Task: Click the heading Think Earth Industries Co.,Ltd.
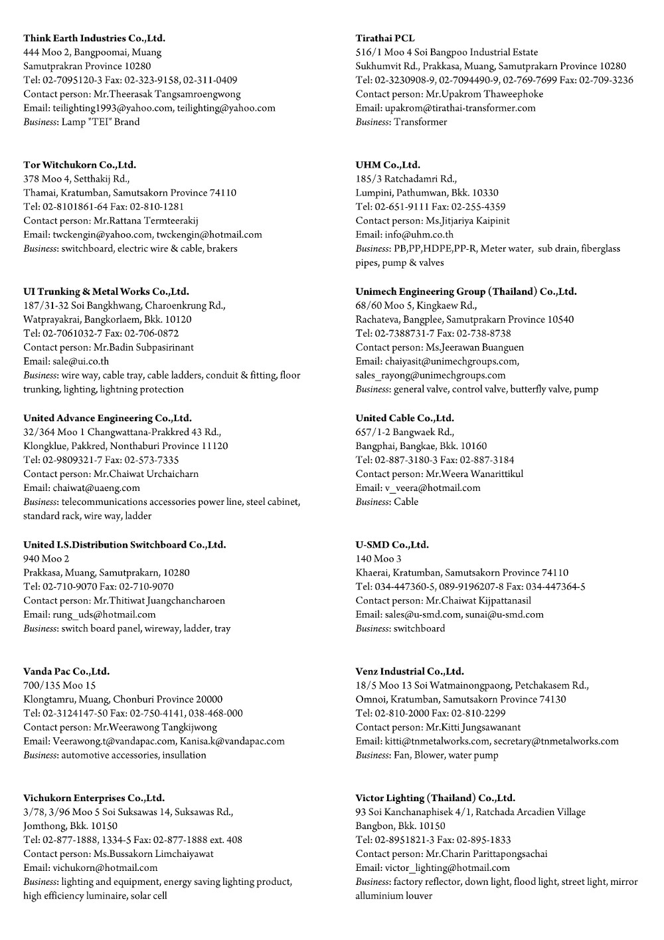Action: pos(94,38)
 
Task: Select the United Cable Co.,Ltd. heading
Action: pos(405,418)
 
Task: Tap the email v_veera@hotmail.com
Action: pos(432,488)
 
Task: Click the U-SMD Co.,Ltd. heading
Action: pos(392,545)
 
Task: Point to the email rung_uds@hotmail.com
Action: pos(104,614)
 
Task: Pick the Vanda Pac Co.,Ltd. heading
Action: pos(66,671)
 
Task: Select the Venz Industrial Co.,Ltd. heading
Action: pos(410,671)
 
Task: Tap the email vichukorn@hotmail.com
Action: pos(105,868)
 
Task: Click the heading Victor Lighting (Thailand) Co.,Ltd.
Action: pos(435,798)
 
